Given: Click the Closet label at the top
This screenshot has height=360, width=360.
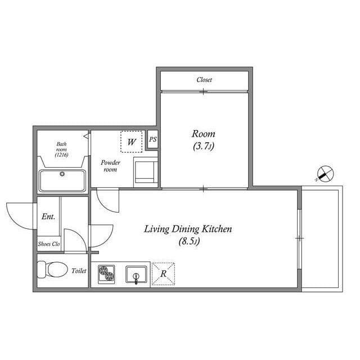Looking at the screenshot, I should coord(204,80).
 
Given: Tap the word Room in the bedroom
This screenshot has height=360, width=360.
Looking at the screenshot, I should coord(204,134).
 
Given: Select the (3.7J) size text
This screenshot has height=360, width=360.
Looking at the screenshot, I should coord(204,146).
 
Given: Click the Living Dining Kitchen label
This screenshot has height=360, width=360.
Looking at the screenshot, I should coord(188,229).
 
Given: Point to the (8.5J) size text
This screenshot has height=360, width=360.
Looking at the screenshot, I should coord(188,242).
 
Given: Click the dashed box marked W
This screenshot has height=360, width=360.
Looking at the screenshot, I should coord(131,142).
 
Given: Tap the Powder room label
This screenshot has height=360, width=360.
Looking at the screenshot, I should coord(110,166).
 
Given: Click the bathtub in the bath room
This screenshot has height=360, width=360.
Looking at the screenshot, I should coord(62,180).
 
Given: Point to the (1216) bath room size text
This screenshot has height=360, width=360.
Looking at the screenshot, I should coord(61,155).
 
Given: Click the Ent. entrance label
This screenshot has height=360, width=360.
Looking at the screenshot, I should coord(48,217).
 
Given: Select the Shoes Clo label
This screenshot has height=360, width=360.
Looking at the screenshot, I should coord(49,244).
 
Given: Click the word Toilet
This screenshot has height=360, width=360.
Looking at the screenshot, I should coord(79,271).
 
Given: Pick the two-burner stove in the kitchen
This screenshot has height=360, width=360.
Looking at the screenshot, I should coord(106,274).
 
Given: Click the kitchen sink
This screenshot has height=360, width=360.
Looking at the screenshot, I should coord(136,274).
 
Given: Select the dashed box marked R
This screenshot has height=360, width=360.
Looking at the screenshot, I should coord(163,274).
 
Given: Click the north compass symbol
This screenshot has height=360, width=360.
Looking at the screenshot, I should coord(323,174).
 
